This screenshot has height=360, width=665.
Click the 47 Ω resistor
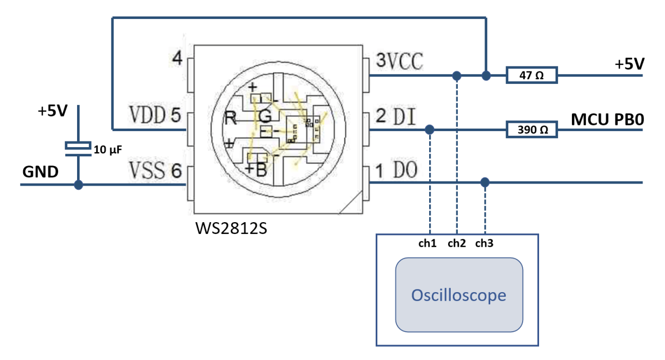tap(532, 76)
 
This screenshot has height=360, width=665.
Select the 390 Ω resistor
tap(532, 130)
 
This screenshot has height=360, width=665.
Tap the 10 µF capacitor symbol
tap(78, 148)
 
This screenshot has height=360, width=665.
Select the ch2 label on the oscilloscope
tap(456, 244)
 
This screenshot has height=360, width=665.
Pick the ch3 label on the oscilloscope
tap(484, 244)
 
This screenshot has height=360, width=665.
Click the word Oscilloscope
tap(458, 295)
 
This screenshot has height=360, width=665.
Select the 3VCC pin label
tap(400, 61)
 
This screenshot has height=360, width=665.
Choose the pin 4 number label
tap(177, 58)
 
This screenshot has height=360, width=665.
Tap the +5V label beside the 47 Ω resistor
tap(630, 64)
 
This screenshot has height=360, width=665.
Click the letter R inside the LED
tap(230, 119)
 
